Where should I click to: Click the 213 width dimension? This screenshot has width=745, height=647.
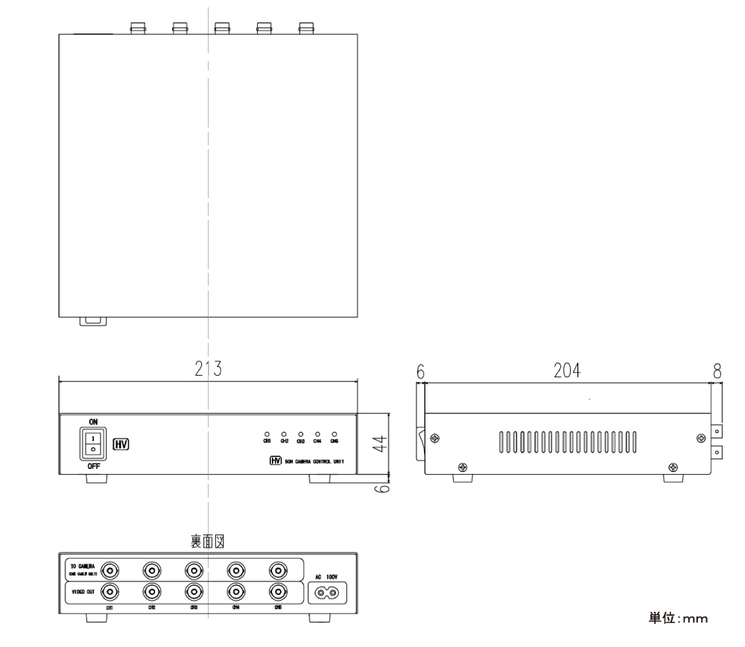coord(206,369)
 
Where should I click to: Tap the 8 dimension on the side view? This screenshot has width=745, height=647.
coord(717,370)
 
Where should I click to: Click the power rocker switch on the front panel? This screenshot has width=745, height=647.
coord(92,444)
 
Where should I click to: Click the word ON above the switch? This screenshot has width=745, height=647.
coord(92,421)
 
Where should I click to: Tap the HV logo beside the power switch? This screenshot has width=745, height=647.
coord(120,444)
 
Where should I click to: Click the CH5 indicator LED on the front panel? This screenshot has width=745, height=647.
coord(334,433)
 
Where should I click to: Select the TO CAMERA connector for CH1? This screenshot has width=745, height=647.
coord(110,571)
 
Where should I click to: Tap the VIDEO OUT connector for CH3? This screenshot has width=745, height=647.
coord(194,593)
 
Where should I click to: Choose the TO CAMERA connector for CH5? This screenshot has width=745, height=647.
coord(277,571)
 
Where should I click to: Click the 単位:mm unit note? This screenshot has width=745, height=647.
coord(677,618)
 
